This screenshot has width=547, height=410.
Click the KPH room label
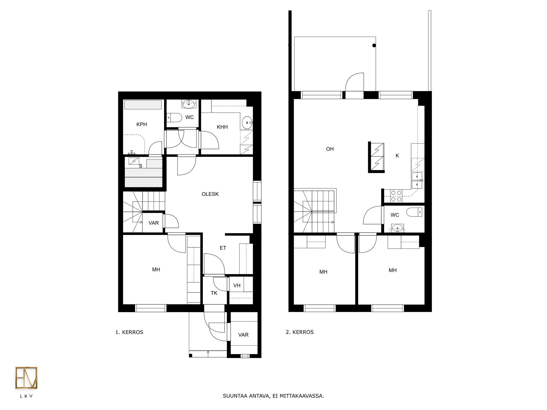coord(142,124)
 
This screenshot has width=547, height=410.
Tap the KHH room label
coord(222,127)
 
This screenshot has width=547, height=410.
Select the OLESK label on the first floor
coord(210,194)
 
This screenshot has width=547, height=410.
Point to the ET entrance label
coord(223,248)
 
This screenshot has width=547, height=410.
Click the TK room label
coord(214,293)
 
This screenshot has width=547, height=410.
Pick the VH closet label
coord(237,286)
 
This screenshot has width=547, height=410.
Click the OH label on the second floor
coord(330,149)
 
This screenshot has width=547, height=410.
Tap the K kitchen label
coord(397,156)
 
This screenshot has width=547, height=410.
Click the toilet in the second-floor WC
coord(414,212)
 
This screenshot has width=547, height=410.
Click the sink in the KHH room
coord(247,123)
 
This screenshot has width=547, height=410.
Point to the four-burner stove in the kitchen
coord(396,196)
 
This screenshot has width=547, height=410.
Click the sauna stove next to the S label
coord(134,161)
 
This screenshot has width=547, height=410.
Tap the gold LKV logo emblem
coord(26,378)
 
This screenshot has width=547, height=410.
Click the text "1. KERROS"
coord(129,332)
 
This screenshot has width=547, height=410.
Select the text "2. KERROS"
coord(300,332)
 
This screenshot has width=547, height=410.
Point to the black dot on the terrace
coord(374,45)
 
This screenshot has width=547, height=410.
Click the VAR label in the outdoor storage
coord(243,335)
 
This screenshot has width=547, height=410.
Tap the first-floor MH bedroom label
coord(156,270)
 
